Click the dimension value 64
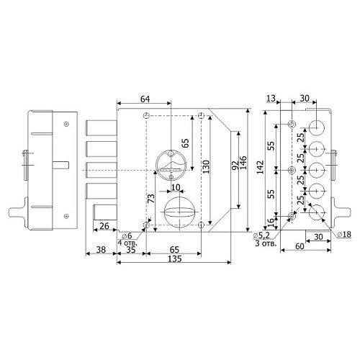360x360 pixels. click(x=145, y=99)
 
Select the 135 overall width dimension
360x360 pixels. click(x=175, y=259)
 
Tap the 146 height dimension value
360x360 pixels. click(x=243, y=163)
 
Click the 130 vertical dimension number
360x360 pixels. click(x=206, y=167)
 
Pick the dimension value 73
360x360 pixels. click(x=151, y=198)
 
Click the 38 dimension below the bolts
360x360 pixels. click(x=101, y=250)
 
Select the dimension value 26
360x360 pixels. click(x=104, y=226)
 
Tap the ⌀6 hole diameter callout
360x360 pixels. click(x=127, y=236)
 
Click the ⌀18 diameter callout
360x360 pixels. click(x=344, y=234)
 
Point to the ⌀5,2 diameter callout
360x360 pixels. click(x=261, y=236)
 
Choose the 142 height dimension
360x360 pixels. click(x=260, y=167)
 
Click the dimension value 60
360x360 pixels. click(x=300, y=246)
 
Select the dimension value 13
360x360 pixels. click(x=271, y=99)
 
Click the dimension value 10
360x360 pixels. click(x=176, y=187)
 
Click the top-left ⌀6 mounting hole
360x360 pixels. click(x=146, y=116)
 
